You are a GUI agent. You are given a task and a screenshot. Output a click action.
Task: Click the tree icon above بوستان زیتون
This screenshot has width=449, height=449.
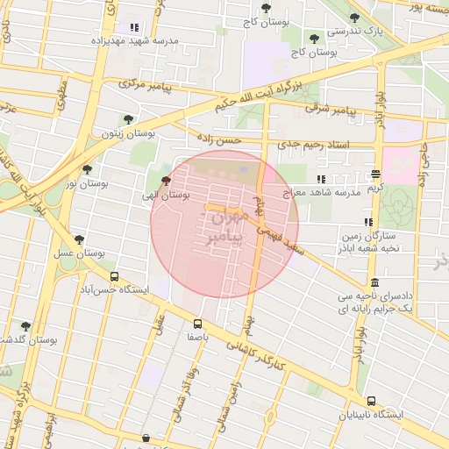click(128, 119)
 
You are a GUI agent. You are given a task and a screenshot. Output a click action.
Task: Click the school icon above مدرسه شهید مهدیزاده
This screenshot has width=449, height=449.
click(134, 27)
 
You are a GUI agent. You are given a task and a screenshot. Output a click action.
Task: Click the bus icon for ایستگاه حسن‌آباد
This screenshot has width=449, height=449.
click(138, 274)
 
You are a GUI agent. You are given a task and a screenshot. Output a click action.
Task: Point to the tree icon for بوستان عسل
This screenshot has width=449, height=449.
click(80, 239)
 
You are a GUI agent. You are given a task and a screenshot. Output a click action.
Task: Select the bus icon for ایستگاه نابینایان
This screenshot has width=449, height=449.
click(372, 399)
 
